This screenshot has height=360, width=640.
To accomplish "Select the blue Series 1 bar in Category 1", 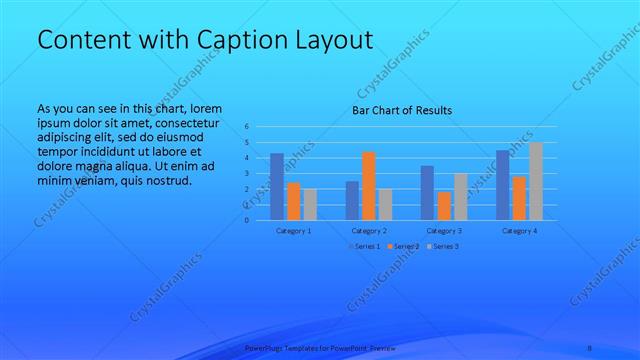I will [x=277, y=186].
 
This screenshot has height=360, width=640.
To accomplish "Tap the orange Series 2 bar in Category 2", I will [x=368, y=185].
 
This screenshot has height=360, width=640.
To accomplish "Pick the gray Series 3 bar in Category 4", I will [x=536, y=180].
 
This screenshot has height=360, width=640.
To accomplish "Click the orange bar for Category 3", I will [x=444, y=205].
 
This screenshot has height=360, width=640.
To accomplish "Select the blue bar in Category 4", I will [x=503, y=184].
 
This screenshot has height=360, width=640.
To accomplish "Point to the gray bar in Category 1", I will [x=310, y=203].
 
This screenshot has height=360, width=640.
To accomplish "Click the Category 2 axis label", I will [x=369, y=230].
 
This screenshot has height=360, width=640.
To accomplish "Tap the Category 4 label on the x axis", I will [x=519, y=230].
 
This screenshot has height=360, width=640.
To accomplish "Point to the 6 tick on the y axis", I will [x=249, y=127].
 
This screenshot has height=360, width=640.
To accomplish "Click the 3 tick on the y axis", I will [x=249, y=173].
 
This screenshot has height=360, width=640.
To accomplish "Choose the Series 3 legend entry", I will [x=442, y=246].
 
